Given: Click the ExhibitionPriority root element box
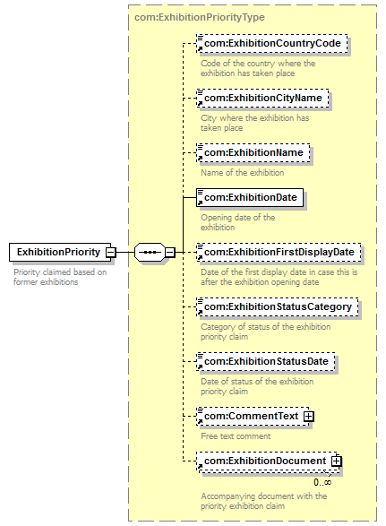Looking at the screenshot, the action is coord(60,252).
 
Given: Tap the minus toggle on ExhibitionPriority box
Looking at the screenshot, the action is coord(111,252).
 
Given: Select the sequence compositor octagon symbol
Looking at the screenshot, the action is coord(150,252).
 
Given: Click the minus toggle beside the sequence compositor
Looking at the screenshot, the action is coord(170,252).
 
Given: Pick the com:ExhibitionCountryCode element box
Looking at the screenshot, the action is coord(272,43).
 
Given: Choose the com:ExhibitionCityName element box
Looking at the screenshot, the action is coord(262,98).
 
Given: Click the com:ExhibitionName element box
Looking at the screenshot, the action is coord(253,152).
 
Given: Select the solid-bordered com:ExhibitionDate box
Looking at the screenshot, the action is coord(250,197).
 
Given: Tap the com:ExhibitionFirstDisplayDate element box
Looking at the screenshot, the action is coord(279,252).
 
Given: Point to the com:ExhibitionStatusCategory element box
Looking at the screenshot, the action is coord(278,306).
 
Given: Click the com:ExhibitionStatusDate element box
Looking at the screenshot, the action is coord(266,361).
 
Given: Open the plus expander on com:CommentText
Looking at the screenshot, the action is coord(309,417).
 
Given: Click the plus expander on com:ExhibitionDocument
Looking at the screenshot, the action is coord(337,461).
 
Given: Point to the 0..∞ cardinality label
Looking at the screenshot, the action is coord(322,482).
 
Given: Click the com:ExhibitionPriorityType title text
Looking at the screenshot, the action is coord(200,17).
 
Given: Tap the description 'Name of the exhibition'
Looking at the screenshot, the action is coord(242,172).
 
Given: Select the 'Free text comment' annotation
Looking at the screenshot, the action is coord(236,436).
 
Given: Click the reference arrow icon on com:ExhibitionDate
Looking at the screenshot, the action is coord(201,203).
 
